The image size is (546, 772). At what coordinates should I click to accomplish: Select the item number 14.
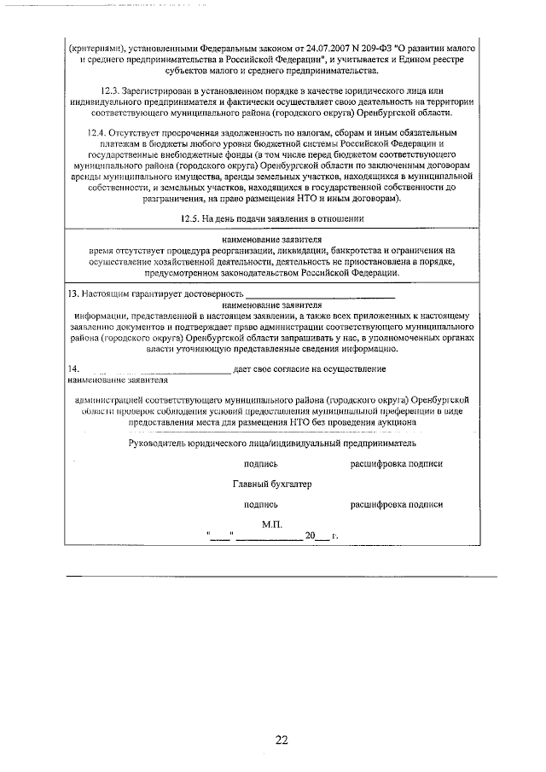pyautogui.click(x=72, y=369)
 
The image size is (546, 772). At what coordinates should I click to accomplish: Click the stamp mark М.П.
pyautogui.click(x=272, y=523)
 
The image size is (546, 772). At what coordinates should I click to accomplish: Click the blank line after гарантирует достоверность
pyautogui.click(x=320, y=294)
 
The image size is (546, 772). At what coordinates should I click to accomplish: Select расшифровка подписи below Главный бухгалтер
pyautogui.click(x=396, y=504)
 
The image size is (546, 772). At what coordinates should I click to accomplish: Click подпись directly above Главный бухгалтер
pyautogui.click(x=260, y=464)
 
